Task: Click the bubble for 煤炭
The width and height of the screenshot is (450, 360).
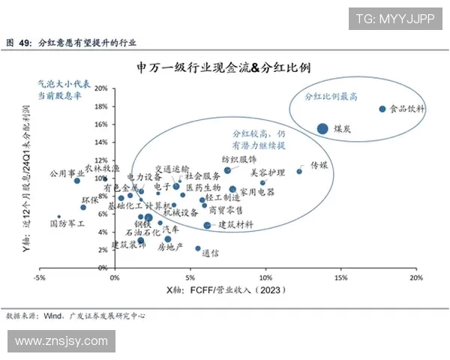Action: tap(322, 128)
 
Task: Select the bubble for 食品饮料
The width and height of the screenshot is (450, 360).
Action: tap(382, 109)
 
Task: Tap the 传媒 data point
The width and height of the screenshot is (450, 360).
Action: tap(299, 171)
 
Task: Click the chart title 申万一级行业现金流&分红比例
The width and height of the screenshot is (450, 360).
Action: tap(225, 68)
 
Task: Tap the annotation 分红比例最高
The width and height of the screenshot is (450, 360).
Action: tap(330, 97)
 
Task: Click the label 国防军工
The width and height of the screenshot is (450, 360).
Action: tap(67, 223)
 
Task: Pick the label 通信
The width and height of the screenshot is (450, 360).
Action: tap(210, 253)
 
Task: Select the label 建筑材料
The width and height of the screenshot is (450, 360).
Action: tap(235, 224)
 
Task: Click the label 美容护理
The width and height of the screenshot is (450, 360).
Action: tap(268, 172)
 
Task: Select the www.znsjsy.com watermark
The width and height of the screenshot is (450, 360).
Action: tap(61, 342)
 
